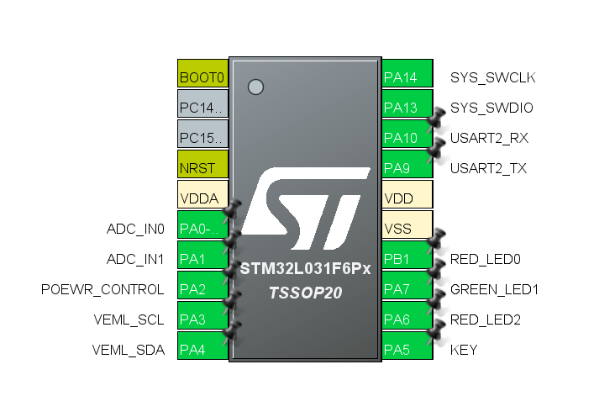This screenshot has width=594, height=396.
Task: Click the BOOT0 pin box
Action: click(x=202, y=77)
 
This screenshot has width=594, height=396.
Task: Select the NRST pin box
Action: click(x=202, y=168)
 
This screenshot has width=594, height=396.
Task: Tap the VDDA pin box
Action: click(x=202, y=198)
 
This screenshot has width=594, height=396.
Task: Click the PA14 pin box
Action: click(x=407, y=77)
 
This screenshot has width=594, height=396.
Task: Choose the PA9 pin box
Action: click(x=407, y=168)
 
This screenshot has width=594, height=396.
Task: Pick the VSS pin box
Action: click(x=407, y=229)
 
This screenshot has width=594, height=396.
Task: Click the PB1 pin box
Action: click(x=407, y=259)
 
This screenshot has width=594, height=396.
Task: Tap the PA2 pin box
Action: click(x=202, y=289)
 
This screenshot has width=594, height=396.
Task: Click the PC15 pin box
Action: click(x=202, y=138)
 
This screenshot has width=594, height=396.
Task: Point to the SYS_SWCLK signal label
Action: click(x=492, y=78)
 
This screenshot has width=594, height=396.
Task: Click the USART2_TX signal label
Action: click(x=488, y=168)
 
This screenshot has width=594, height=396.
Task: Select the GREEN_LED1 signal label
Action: click(x=494, y=289)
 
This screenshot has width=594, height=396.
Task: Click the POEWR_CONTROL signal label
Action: click(x=103, y=289)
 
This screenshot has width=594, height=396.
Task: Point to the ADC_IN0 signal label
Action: click(x=135, y=229)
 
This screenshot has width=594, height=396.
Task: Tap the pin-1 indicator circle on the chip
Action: click(x=256, y=86)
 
